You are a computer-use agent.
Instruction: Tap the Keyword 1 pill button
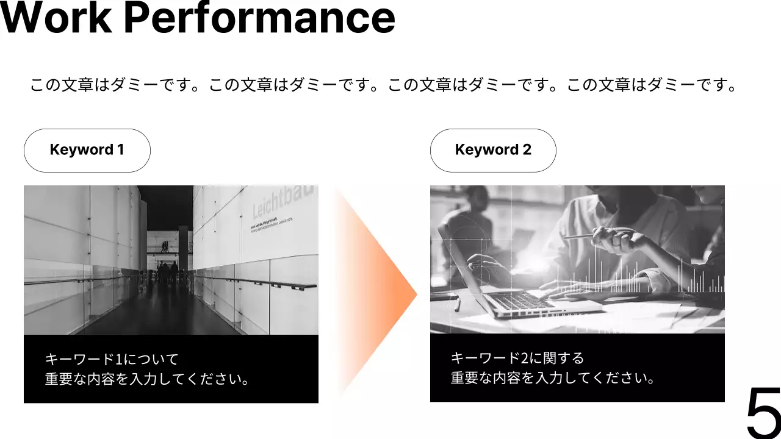point(87,150)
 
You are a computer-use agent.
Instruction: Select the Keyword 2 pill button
point(493,150)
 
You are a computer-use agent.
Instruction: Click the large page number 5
point(763,413)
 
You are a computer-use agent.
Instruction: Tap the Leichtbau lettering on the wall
point(284,201)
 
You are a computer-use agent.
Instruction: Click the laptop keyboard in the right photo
point(519,300)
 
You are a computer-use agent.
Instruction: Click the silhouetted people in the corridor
point(166,273)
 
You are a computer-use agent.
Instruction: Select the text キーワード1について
point(112,359)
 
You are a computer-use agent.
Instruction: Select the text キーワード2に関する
point(517,357)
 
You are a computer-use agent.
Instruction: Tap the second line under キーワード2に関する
point(553,378)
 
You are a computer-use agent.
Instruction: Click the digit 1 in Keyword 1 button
point(120,150)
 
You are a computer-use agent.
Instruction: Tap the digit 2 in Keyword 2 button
point(527,150)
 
